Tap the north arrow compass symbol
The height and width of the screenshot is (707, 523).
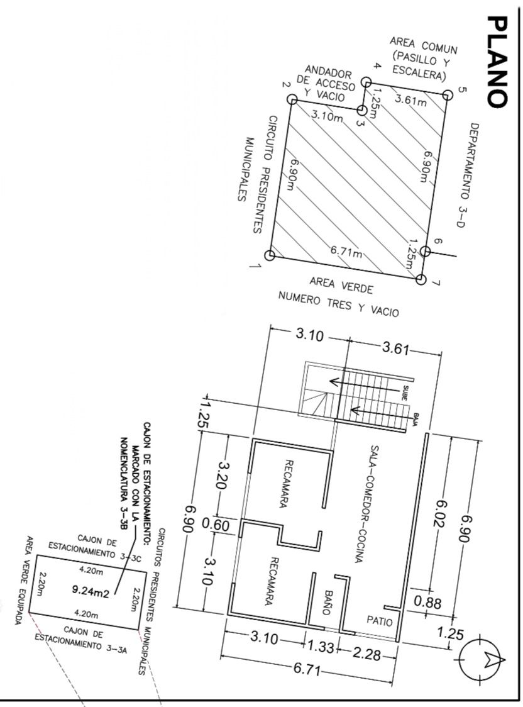483,659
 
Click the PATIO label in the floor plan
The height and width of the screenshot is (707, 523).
380,621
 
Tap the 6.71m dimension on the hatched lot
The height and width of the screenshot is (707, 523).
346,253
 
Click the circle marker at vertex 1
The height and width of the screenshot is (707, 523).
270,255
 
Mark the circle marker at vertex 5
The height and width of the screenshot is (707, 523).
447,95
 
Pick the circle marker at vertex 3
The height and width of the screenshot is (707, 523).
362,111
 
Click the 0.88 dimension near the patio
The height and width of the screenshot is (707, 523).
428,602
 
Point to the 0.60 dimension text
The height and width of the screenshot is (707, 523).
216,525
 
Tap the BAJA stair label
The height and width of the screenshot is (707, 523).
416,416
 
